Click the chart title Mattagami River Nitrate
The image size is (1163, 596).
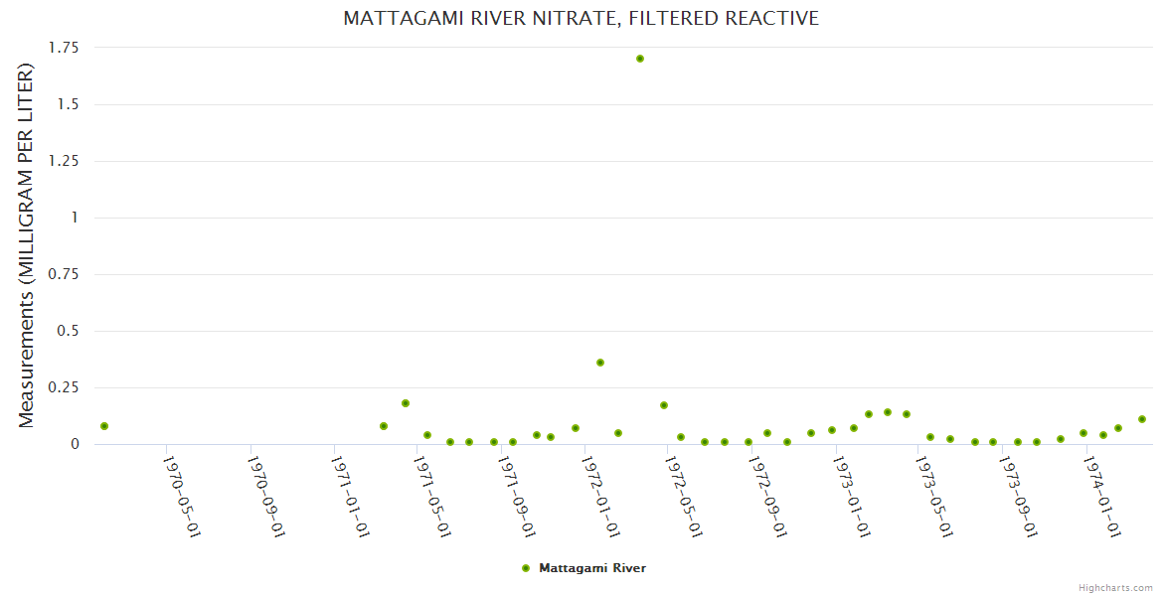tap(581, 19)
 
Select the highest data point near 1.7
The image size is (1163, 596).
tap(640, 59)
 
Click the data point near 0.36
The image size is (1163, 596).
tap(600, 363)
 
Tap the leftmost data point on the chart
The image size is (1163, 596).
tap(104, 426)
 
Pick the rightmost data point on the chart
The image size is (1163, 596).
tap(1142, 419)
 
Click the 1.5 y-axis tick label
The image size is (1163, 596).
tap(69, 104)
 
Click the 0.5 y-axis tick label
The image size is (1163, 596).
tap(69, 331)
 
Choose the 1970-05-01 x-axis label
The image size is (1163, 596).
tap(182, 496)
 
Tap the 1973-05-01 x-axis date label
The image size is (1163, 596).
tap(934, 496)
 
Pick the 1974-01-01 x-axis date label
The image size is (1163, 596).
tap(1103, 496)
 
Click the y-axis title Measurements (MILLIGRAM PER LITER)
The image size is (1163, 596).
tap(27, 245)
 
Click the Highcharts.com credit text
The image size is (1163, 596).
tap(1115, 587)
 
